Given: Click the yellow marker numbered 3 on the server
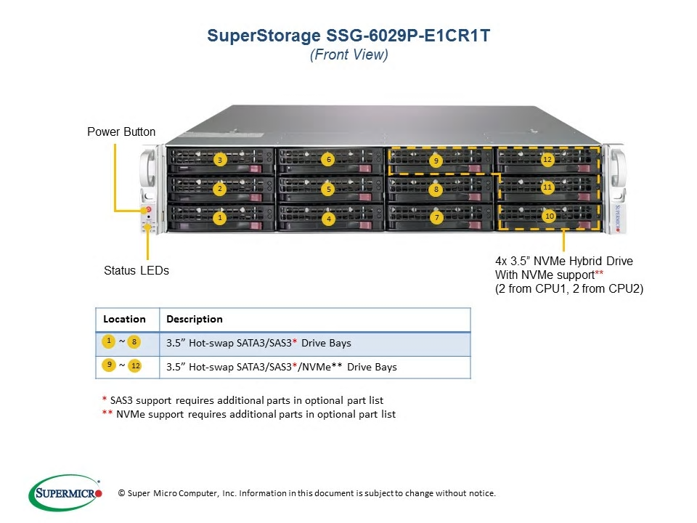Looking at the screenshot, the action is coord(219,160).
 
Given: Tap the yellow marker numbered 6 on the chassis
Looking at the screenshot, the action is coord(328,160).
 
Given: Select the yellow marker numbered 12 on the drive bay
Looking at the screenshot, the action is coord(547,160).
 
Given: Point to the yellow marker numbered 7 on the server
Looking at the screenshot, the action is coord(437,217).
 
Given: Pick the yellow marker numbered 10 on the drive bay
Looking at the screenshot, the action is coord(550,216).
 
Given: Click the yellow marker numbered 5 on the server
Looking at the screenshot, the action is coord(328,190).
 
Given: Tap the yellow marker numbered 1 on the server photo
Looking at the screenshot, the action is coord(219,218).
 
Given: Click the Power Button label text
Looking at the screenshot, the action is coord(121,132).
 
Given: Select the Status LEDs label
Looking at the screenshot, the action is coord(136,270).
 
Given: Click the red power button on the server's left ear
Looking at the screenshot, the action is coord(148,209).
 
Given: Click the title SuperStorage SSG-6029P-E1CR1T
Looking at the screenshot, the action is coord(348,36).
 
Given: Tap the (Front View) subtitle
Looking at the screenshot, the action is coord(349,54).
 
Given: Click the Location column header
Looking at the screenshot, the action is coord(124,319).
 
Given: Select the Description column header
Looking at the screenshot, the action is coord(195,319).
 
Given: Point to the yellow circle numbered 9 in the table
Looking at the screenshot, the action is coord(109,365).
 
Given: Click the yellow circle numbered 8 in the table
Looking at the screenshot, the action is coord(134,342).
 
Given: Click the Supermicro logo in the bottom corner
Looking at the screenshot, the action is coord(65,492).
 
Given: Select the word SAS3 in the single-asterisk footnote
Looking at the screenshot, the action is coord(121,401).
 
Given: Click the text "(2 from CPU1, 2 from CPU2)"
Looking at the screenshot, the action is coord(569,289).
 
